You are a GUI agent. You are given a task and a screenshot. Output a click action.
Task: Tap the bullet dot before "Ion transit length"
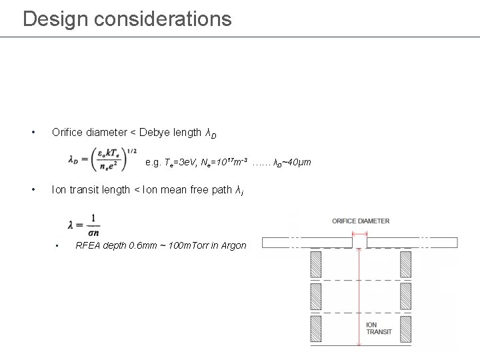(x=33, y=189)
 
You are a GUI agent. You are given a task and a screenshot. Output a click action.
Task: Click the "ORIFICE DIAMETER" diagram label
(x=360, y=221)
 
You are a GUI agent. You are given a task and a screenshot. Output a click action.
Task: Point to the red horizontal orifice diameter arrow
(x=360, y=233)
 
